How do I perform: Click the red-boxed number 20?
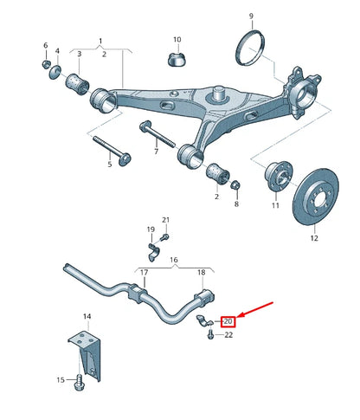coord(229,321)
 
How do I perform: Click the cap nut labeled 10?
coord(176,60)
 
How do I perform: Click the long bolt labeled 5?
coord(108,147)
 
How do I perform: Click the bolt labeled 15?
coord(80,379)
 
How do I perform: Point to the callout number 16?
coord(173,259)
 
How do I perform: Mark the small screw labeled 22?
coord(211,335)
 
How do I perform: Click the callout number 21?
coord(166,220)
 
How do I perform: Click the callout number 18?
coord(201,272)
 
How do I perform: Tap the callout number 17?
coord(145,272)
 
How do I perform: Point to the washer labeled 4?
coord(56,69)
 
